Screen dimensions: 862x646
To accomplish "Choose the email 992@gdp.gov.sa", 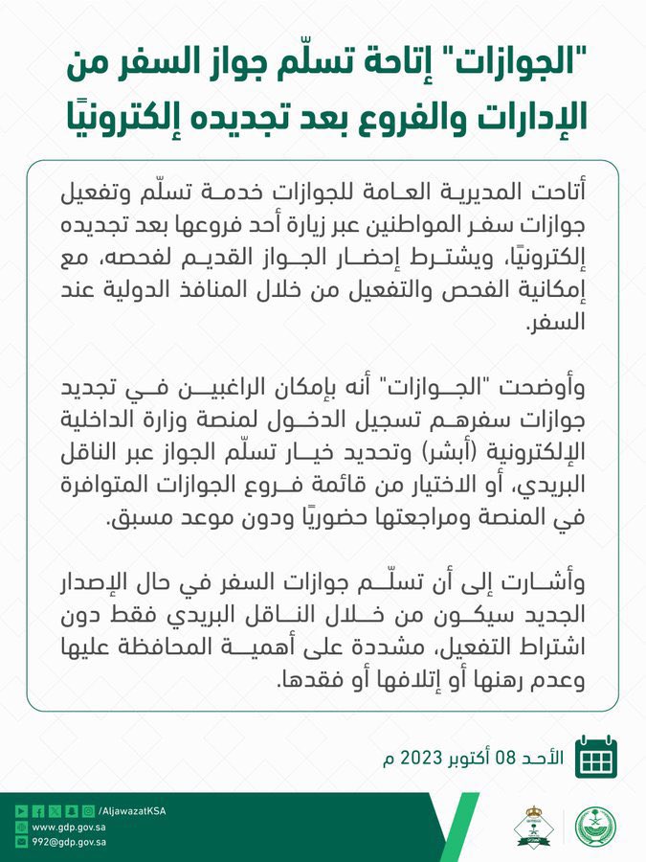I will click(x=69, y=843).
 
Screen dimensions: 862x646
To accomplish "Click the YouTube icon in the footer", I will click(x=21, y=810).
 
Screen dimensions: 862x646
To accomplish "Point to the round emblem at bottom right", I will click(x=595, y=827).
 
